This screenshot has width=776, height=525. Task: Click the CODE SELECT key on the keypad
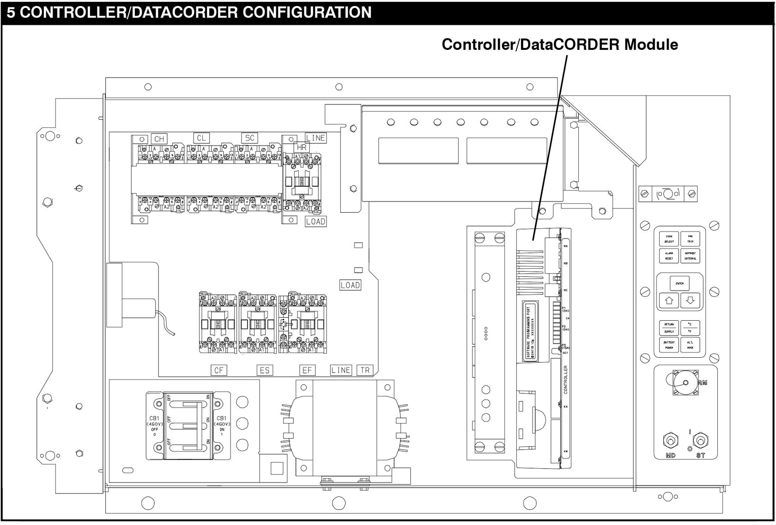[x=669, y=238]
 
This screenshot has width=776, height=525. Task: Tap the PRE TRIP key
[x=690, y=238]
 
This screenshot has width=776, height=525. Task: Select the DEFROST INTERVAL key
[x=690, y=256]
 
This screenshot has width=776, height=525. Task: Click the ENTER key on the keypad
[x=679, y=283]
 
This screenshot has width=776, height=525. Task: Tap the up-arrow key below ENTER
[x=669, y=300]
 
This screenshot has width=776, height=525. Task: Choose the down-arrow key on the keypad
[x=690, y=300]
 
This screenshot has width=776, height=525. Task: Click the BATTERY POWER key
[x=669, y=345]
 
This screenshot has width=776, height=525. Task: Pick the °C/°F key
[x=690, y=328]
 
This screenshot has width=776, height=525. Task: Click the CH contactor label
[x=159, y=139]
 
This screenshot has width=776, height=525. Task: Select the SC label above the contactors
[x=250, y=138]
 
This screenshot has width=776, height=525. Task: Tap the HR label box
[x=302, y=147]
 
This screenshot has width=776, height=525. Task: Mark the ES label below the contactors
[x=265, y=370]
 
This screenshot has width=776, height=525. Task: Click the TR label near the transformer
[x=365, y=370]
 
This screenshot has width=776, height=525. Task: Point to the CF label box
[x=218, y=370]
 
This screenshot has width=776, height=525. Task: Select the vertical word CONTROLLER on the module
[x=565, y=379]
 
